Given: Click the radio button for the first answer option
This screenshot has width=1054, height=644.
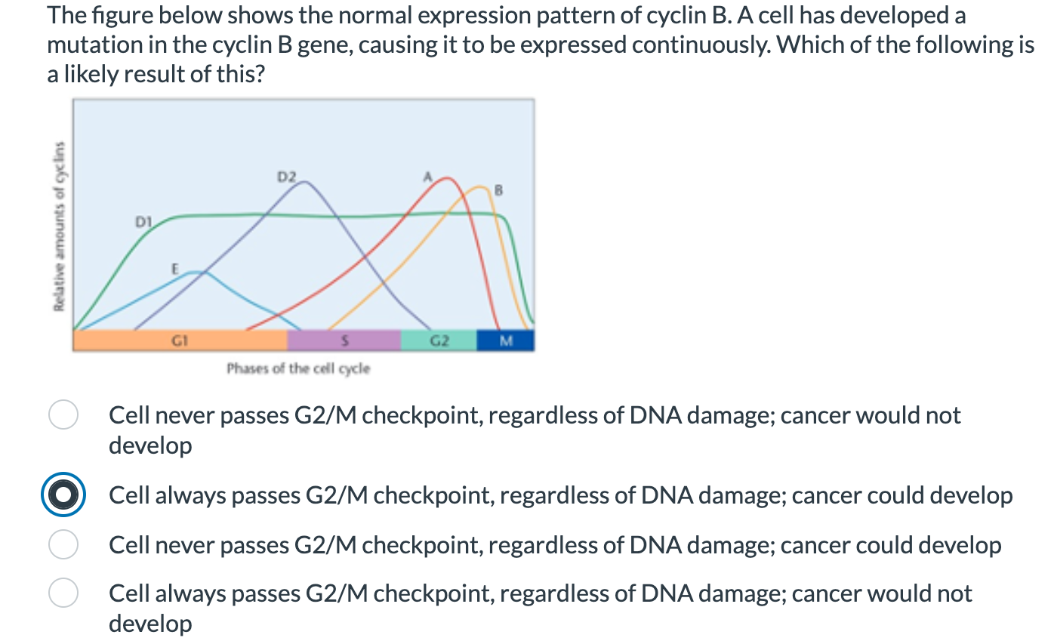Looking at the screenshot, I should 63,415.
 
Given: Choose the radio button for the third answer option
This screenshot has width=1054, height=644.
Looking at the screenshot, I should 63,545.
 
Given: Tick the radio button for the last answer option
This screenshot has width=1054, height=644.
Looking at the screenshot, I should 63,593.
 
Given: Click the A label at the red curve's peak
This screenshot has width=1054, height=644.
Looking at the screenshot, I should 426,177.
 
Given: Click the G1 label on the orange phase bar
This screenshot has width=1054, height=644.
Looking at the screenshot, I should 178,341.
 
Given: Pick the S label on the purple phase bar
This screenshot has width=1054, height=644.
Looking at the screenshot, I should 344,341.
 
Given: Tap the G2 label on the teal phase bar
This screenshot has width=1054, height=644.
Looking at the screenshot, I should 438,341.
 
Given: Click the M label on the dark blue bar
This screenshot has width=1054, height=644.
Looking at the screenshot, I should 505,341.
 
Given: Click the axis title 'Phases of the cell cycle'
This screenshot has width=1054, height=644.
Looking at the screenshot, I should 298,368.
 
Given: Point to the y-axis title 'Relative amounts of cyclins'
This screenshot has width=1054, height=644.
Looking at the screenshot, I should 57,226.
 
